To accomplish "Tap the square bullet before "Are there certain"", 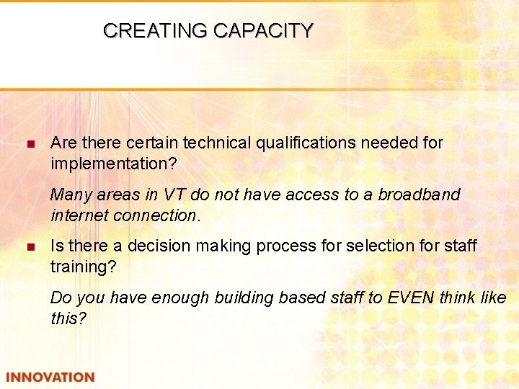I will (30, 144).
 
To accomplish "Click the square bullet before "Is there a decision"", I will (30, 247).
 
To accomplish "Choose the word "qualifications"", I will (306, 143).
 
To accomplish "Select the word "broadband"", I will (419, 194).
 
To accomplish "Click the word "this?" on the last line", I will (68, 318).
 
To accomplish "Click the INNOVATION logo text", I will (50, 377).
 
